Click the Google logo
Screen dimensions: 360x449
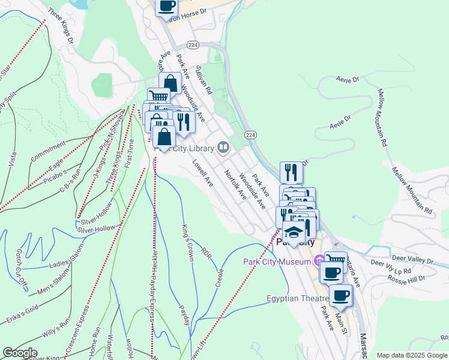pyautogui.click(x=20, y=353)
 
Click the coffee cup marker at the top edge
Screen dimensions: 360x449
pyautogui.click(x=166, y=6)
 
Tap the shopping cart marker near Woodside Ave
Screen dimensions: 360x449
pyautogui.click(x=158, y=95)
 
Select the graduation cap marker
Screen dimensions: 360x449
pyautogui.click(x=294, y=232)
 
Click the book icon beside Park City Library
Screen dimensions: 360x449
pyautogui.click(x=223, y=147)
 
